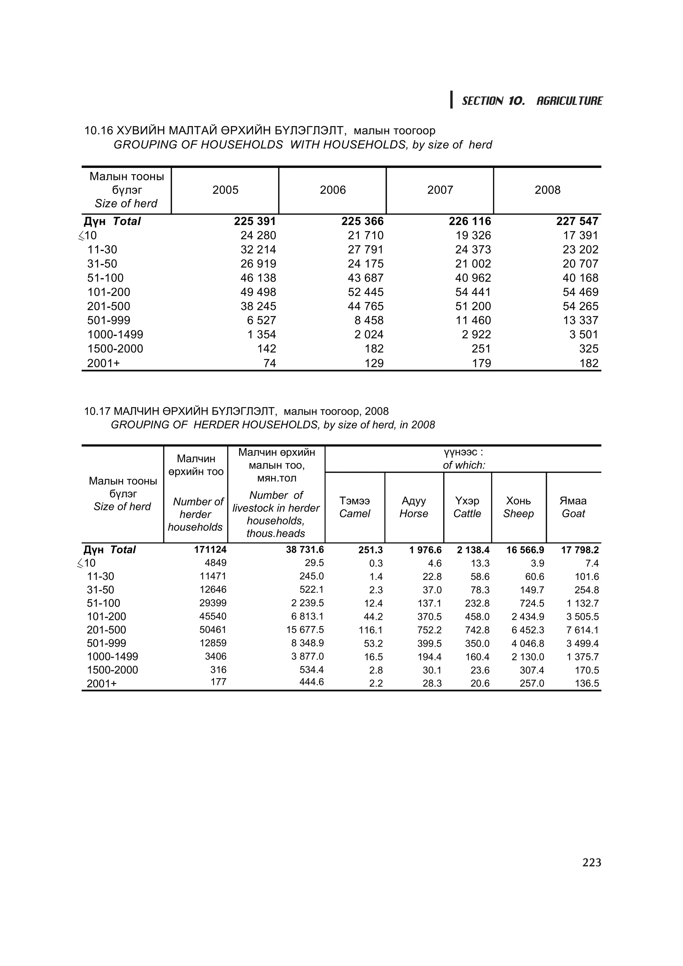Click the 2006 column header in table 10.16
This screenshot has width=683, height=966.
click(x=332, y=190)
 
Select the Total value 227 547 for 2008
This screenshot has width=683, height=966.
click(x=577, y=221)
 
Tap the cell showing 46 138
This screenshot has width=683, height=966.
click(x=258, y=278)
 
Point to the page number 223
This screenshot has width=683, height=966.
click(x=592, y=863)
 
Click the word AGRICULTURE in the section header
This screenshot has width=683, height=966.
click(x=569, y=101)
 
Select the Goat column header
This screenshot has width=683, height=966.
click(x=573, y=507)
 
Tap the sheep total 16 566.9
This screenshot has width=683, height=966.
click(x=525, y=550)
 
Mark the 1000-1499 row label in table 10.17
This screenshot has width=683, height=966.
click(x=112, y=657)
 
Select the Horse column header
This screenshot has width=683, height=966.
click(x=414, y=507)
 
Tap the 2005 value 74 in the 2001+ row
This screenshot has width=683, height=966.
click(x=269, y=363)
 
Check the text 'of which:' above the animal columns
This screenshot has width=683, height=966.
click(x=464, y=465)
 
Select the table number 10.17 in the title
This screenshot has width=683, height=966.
click(x=98, y=411)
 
